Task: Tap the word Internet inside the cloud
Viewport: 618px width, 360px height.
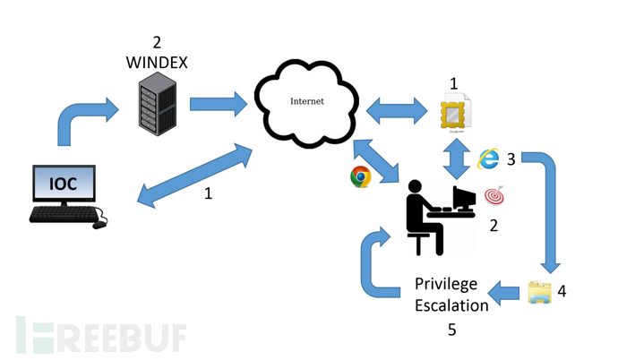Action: (306, 101)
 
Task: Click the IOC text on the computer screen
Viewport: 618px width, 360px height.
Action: (65, 185)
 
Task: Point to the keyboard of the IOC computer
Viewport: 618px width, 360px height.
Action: (64, 215)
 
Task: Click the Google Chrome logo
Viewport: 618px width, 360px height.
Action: (361, 176)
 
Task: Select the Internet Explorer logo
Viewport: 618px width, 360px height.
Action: (488, 159)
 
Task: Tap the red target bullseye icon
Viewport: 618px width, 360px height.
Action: (494, 194)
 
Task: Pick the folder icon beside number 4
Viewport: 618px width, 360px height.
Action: (539, 293)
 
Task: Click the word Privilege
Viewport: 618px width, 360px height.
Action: (446, 284)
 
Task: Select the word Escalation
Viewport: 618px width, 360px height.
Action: (451, 304)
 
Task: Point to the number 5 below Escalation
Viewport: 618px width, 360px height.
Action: (451, 330)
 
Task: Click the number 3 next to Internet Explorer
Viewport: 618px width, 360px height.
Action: (511, 159)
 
